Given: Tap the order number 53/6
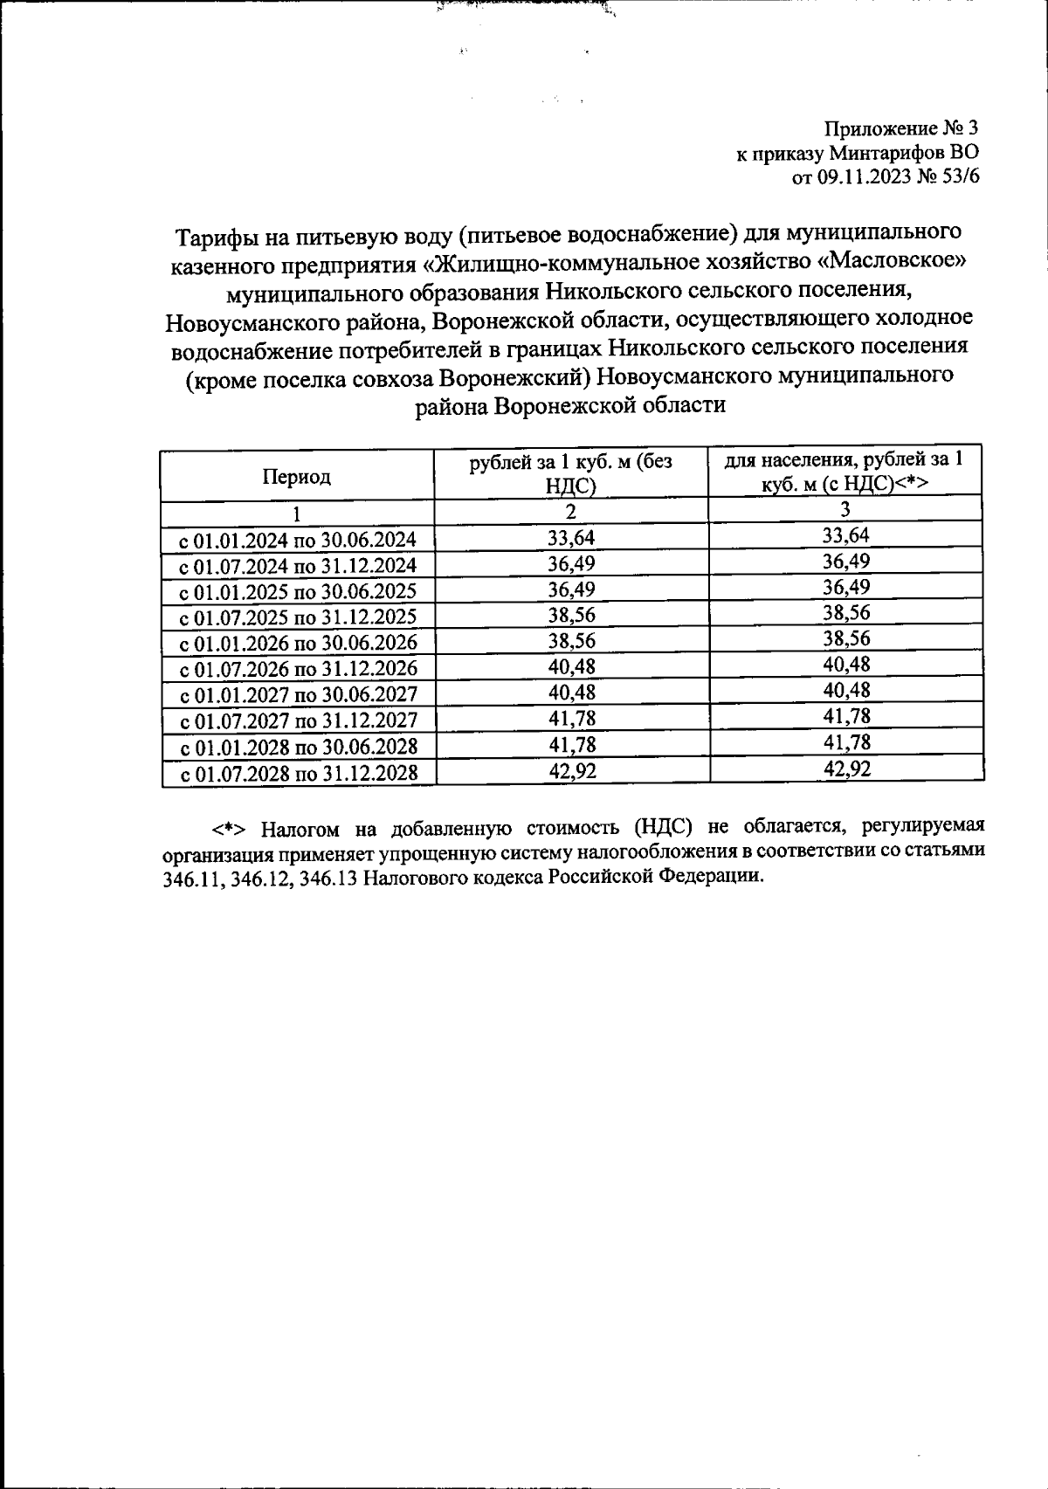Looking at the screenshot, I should tap(960, 177).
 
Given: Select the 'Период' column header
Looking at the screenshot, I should tap(296, 477).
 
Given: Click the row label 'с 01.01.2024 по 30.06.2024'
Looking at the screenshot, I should tap(298, 539).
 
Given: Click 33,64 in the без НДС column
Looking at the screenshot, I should tap(571, 538).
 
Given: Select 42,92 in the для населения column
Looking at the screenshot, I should tap(846, 769).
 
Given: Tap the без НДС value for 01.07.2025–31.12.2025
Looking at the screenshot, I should tap(571, 616).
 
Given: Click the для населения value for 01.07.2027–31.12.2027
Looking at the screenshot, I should tap(846, 717).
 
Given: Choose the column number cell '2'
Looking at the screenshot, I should tap(571, 512).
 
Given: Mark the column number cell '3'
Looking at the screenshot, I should tap(845, 510).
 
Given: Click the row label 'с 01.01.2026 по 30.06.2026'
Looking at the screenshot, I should tap(298, 644).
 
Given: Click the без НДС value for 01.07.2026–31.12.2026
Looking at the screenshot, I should tap(571, 667).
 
